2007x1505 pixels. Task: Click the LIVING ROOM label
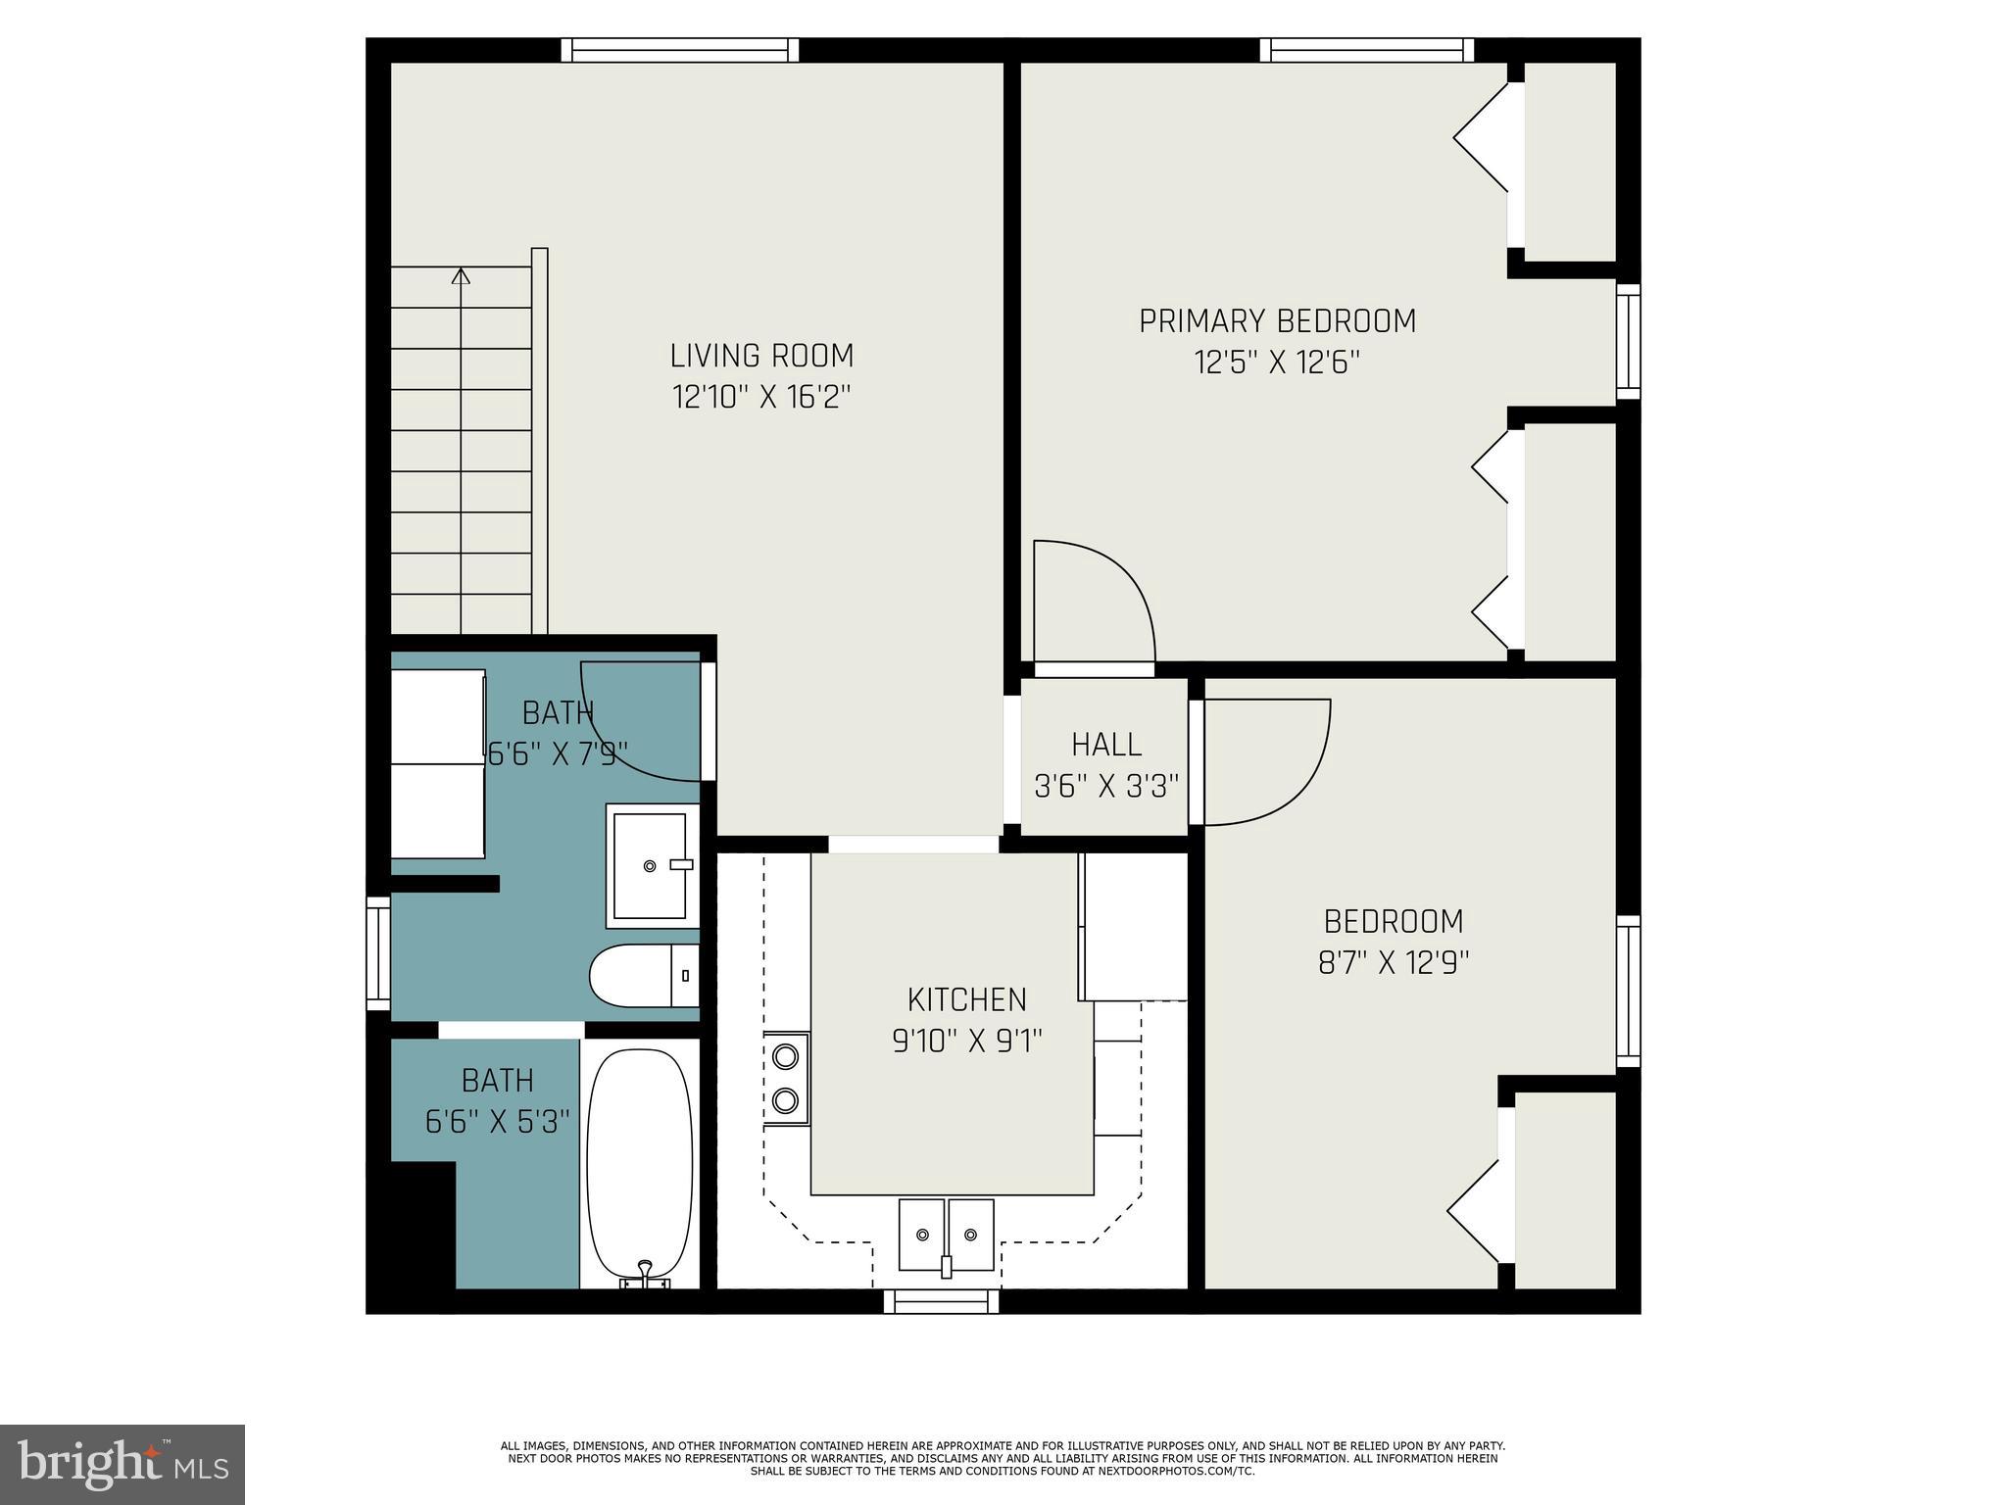[761, 355]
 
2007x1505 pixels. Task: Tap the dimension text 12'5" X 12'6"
[1277, 364]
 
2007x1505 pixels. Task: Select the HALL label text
[1105, 745]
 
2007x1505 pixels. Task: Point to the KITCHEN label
[966, 999]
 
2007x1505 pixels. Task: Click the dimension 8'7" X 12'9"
[1393, 963]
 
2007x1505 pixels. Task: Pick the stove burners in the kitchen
[786, 1078]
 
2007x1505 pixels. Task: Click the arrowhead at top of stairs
[461, 275]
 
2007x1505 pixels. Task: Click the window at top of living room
[680, 50]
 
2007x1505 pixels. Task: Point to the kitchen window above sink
[941, 1301]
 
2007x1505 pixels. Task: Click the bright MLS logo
[122, 1464]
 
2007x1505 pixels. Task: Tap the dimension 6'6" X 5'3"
[497, 1121]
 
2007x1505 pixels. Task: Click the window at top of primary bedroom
[1366, 50]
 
